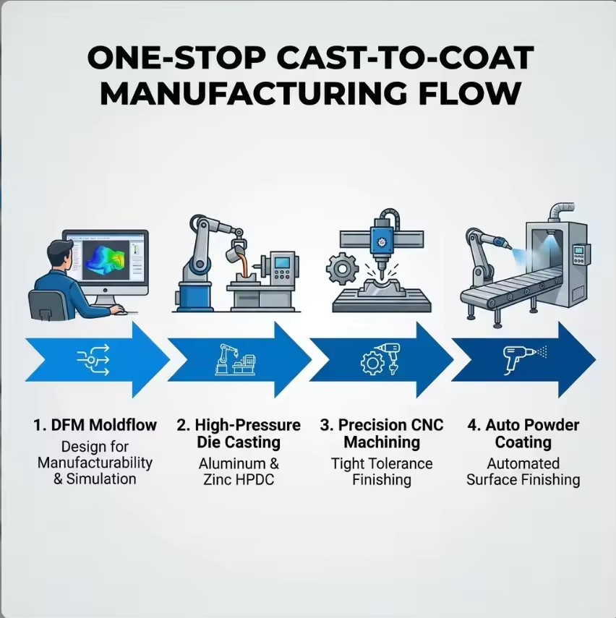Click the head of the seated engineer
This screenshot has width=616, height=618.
pos(60,255)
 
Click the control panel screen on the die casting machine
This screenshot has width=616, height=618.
pos(282,262)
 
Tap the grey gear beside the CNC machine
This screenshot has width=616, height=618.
pos(342,269)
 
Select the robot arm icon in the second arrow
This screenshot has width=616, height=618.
pos(236,359)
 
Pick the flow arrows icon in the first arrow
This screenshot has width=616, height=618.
pos(93,359)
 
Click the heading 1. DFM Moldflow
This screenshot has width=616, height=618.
pos(95,425)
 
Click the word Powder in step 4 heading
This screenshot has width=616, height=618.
pos(557,425)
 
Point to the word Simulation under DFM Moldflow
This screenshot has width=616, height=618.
pos(101,479)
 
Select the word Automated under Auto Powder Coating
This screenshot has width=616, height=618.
pos(523,463)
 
